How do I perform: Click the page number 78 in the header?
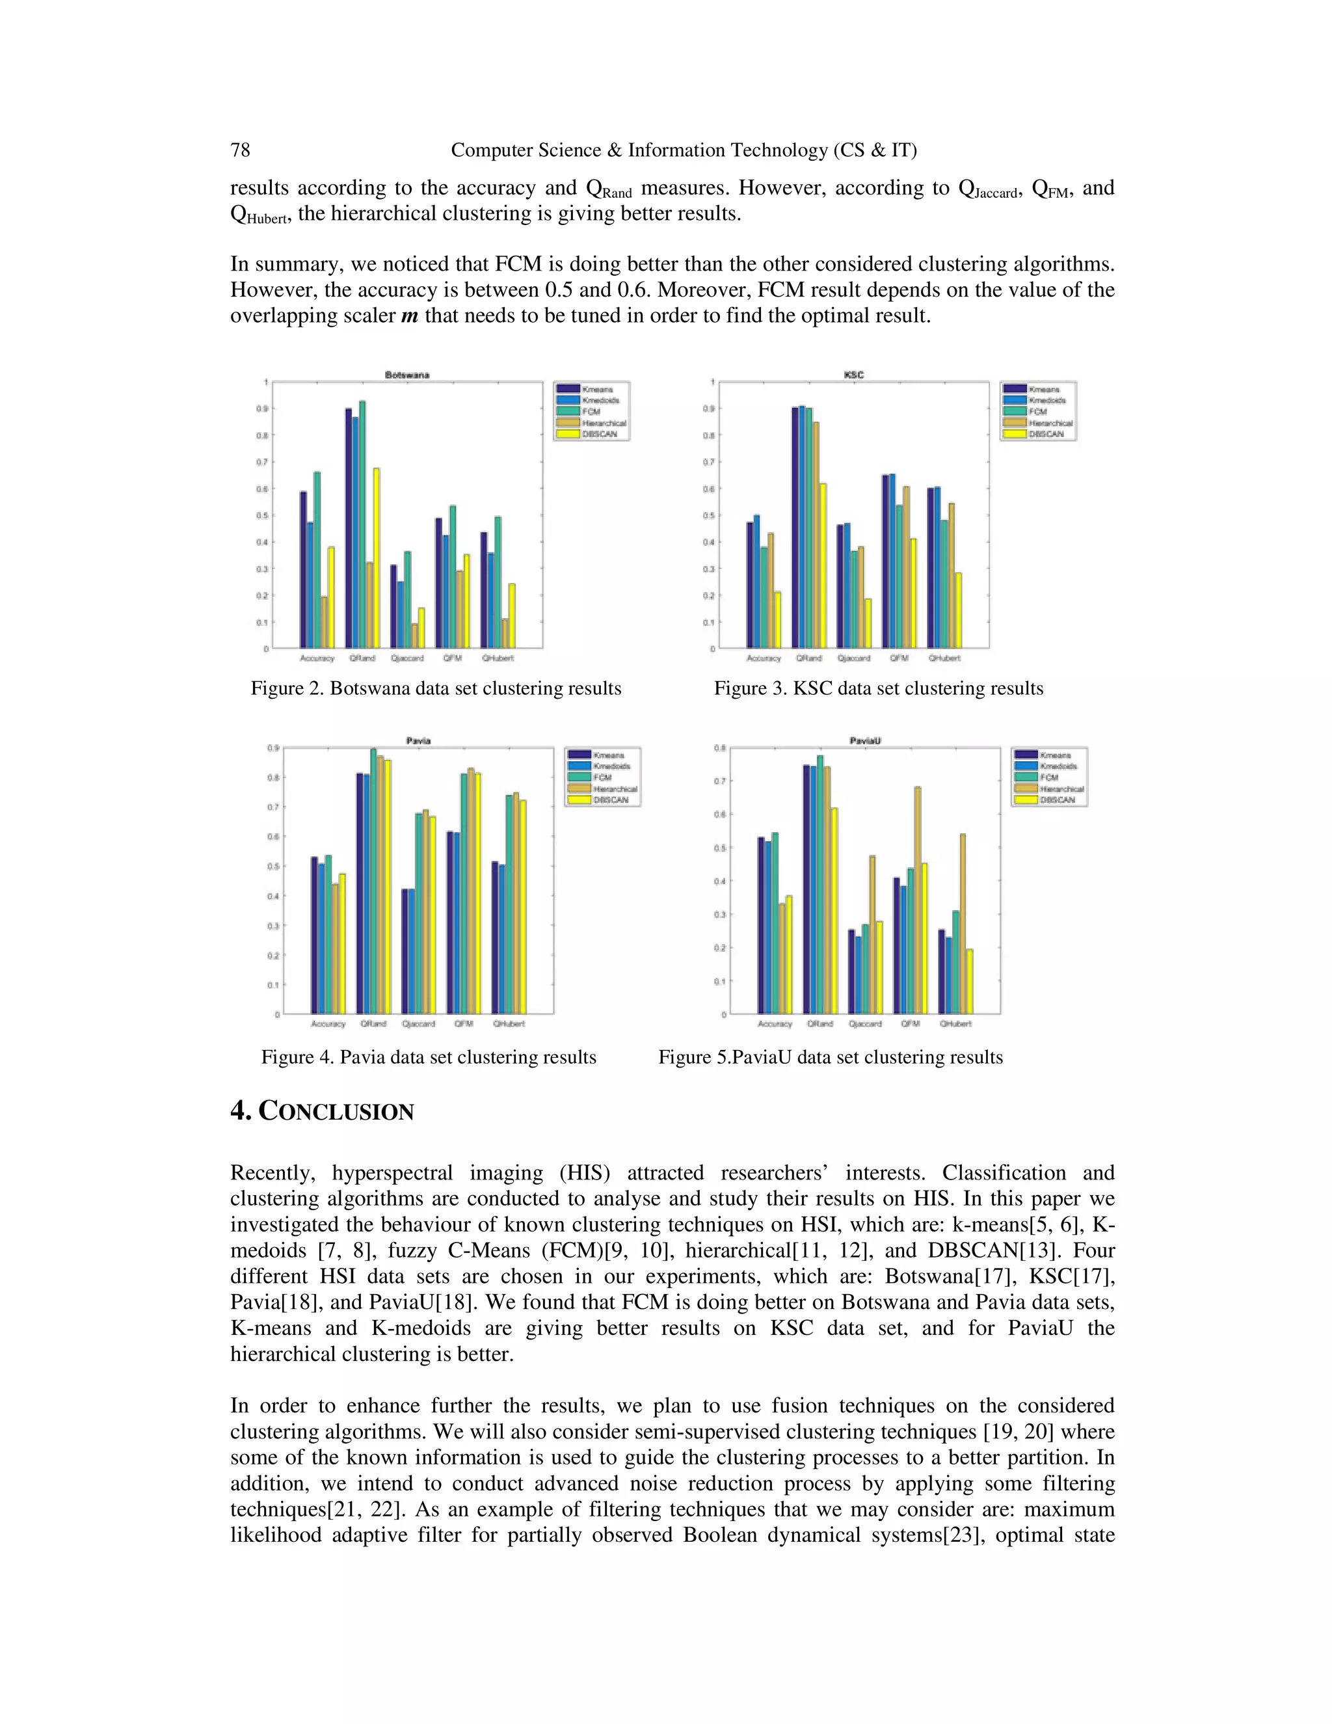coord(240,150)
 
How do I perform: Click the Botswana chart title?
coord(407,374)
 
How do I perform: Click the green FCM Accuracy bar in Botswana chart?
coord(317,559)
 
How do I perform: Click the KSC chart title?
coord(854,374)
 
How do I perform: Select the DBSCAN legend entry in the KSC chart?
coord(1046,434)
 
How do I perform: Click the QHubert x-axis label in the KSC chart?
coord(944,658)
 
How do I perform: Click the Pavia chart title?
coord(418,740)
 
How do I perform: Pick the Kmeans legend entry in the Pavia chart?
coord(607,755)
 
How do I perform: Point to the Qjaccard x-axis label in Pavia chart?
coord(418,1024)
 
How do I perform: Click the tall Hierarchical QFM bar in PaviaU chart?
coord(918,900)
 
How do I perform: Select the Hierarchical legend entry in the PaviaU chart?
coord(1061,788)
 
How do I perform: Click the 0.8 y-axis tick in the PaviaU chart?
coord(720,748)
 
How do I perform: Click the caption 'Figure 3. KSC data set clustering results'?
coord(878,688)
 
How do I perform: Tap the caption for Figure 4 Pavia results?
coord(429,1057)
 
